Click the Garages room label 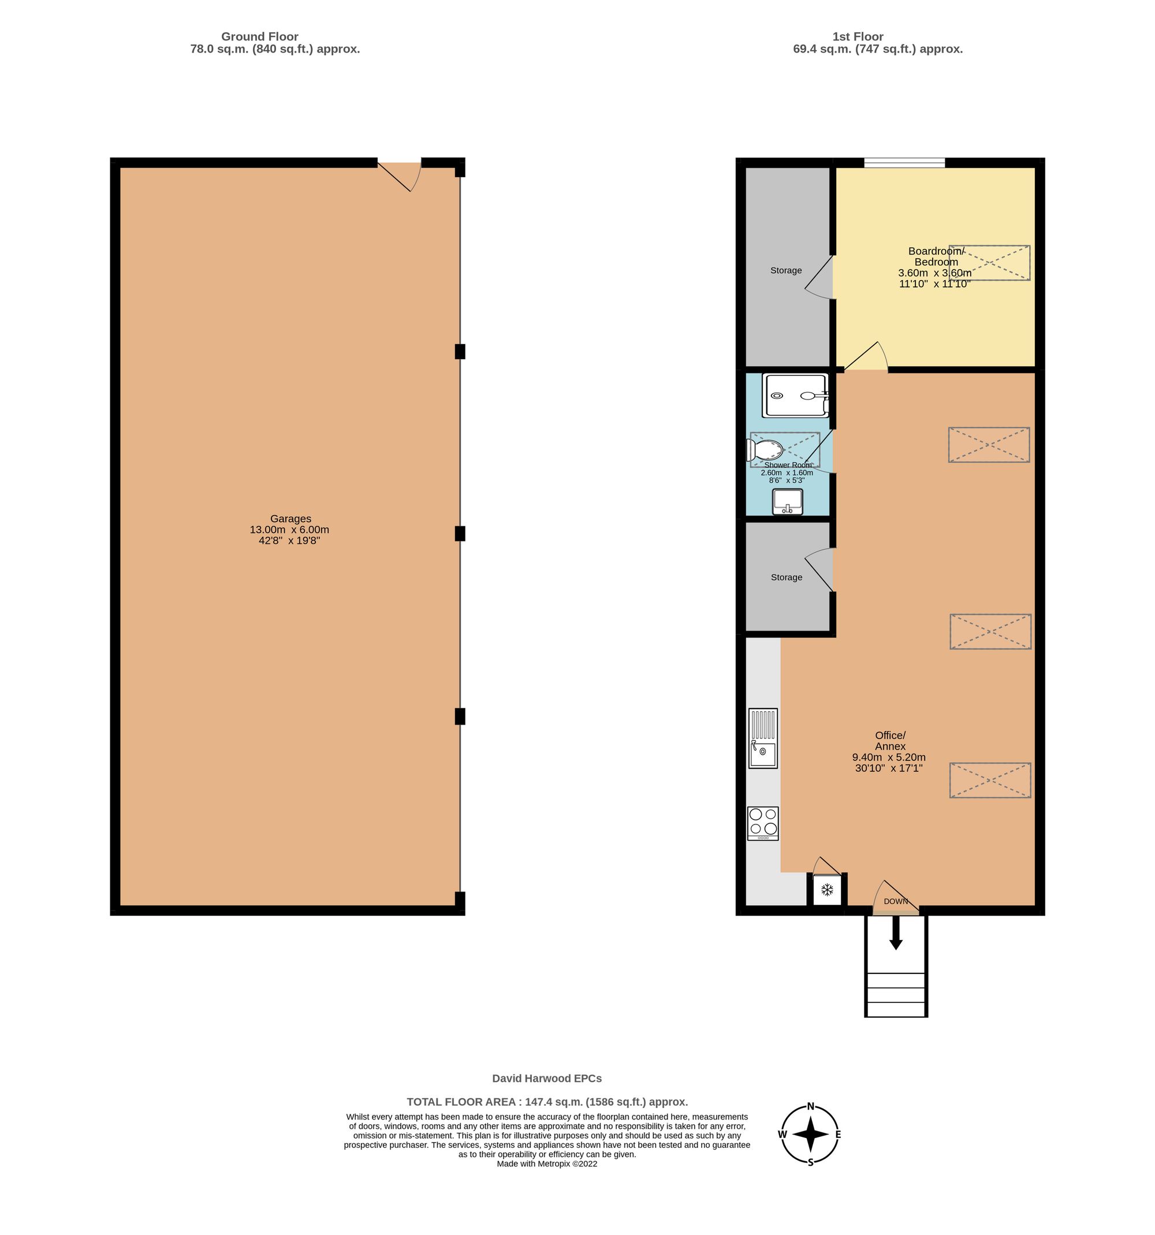290,518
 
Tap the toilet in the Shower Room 765,450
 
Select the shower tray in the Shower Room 795,395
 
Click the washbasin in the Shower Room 787,501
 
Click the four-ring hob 763,823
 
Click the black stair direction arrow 895,933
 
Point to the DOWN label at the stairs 895,901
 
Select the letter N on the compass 810,1106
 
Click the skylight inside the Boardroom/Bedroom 989,263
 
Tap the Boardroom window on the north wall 904,163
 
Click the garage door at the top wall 400,174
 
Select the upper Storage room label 786,270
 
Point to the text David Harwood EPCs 547,1079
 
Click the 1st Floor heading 858,36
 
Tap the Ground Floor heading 260,36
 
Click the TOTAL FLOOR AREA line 547,1102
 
